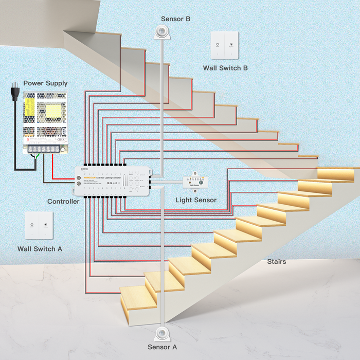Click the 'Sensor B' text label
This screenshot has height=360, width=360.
[176, 19]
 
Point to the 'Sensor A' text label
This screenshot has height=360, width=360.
[163, 347]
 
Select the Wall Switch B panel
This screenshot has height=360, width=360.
[225, 45]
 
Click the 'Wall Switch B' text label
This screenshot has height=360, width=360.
[225, 67]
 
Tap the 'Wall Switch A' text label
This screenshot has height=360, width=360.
[40, 248]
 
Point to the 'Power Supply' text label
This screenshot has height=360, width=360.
[45, 83]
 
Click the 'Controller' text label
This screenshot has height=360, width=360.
[63, 201]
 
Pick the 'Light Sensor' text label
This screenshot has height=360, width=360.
[196, 200]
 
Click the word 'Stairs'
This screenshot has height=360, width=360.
[276, 262]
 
